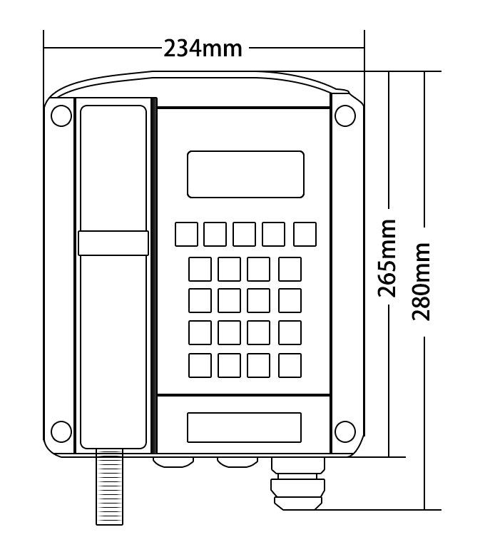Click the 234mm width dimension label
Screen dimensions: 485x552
tap(203, 48)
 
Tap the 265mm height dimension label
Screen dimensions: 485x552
tap(387, 258)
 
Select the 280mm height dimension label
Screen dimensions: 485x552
tap(422, 282)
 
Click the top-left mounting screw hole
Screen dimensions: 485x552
tap(61, 116)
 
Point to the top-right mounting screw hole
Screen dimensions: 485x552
tap(345, 116)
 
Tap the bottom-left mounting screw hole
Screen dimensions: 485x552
tap(61, 431)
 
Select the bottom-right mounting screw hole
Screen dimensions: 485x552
tap(345, 431)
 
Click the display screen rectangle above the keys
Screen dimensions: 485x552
tap(245, 174)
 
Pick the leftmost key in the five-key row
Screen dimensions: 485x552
tap(187, 234)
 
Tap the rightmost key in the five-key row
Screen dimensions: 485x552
tap(305, 234)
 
